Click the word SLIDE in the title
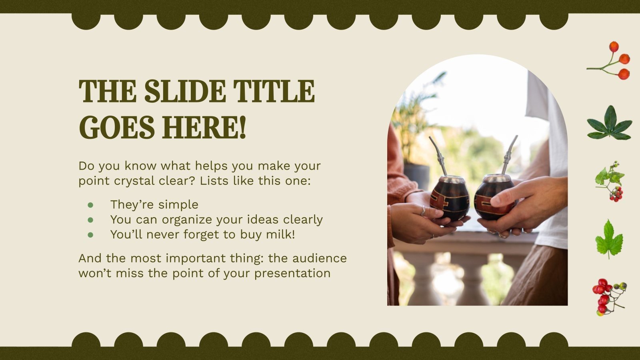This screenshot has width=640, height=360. pos(184,91)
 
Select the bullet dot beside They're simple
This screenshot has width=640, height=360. pos(90,205)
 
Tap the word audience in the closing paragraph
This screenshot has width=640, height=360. pos(319,258)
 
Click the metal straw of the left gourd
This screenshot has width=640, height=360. pos(438,156)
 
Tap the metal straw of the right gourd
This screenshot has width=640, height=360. pos(509,154)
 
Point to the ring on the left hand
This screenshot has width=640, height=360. pos(423,211)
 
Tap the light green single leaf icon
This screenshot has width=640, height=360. pos(609,239)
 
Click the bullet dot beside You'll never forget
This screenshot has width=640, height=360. pos(90,235)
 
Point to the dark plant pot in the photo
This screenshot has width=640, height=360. pos(417,175)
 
